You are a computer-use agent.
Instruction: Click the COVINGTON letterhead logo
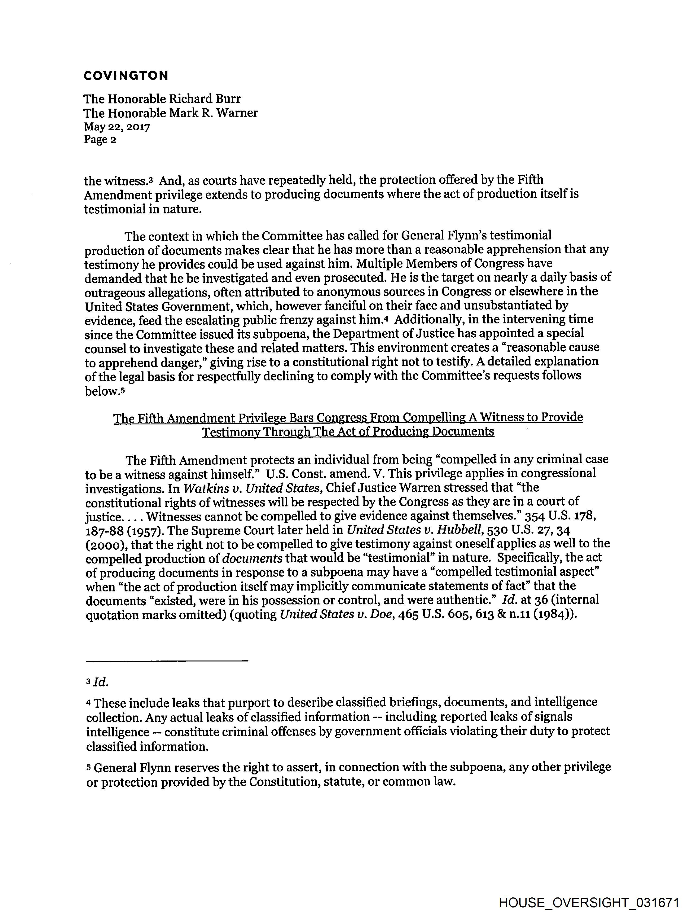point(126,75)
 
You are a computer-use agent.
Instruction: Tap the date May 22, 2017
point(117,127)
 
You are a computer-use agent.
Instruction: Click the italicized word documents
point(252,558)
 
